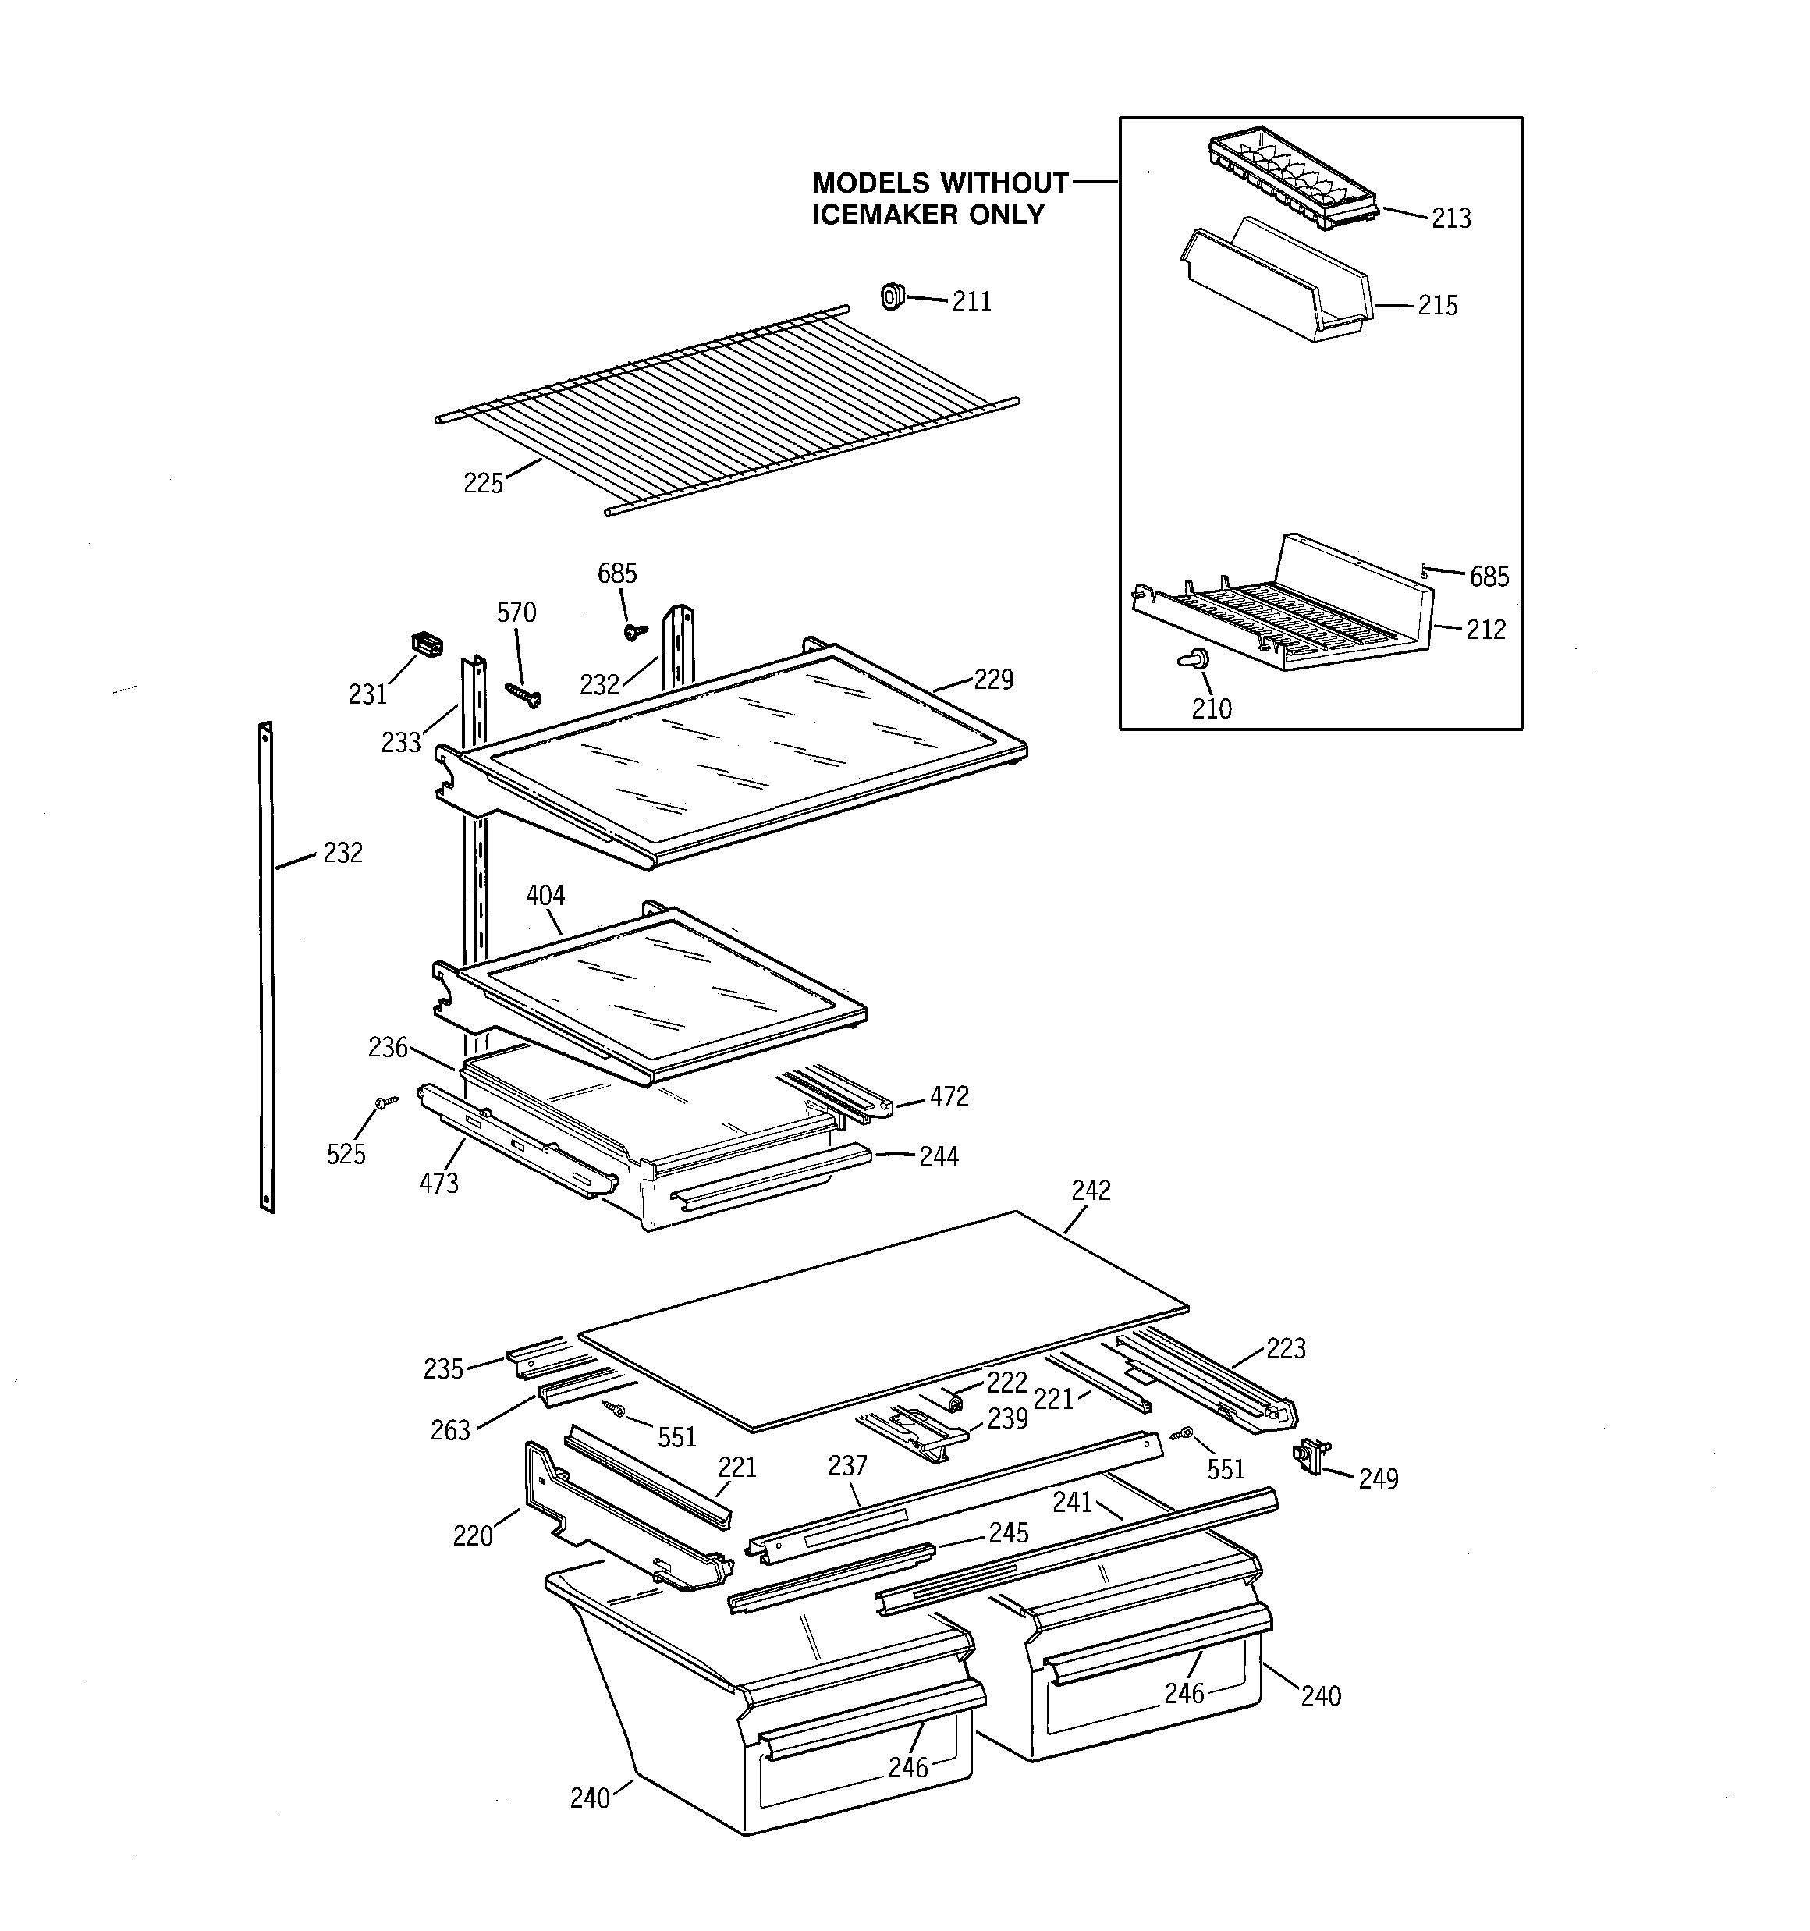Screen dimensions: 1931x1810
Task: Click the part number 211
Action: (971, 302)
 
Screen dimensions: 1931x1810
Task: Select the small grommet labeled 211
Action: (891, 296)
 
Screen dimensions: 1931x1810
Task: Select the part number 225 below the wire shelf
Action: (483, 483)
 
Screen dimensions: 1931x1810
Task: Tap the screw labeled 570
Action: (523, 694)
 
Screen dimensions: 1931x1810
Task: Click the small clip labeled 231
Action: (425, 643)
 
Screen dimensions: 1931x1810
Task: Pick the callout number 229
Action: (993, 679)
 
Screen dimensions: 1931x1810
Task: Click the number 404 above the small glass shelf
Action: (545, 895)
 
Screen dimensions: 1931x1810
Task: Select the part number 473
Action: (438, 1183)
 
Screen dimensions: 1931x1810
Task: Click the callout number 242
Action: (1090, 1191)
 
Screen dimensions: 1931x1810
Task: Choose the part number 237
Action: (847, 1466)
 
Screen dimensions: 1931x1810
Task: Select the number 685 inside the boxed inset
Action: (1489, 577)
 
